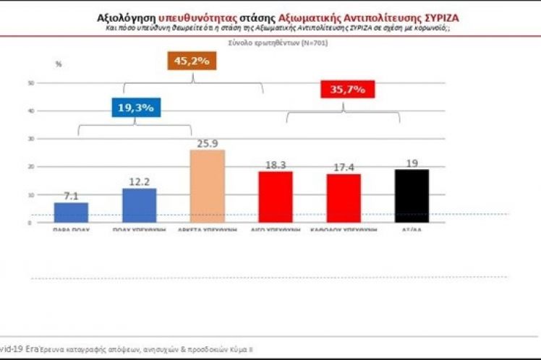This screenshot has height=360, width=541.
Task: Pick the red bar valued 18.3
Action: (275, 196)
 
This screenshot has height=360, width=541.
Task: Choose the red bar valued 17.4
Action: (344, 197)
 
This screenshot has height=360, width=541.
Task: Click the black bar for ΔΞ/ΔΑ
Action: (412, 195)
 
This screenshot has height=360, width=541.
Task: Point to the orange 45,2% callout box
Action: (192, 61)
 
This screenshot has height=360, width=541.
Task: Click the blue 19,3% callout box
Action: (135, 108)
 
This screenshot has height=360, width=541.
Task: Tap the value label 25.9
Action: (207, 143)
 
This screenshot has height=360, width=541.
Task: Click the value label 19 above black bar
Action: (412, 163)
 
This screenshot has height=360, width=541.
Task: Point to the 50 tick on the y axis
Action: (31, 83)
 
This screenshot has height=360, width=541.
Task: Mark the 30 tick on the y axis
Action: (31, 139)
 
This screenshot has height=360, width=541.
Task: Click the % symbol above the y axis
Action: (59, 64)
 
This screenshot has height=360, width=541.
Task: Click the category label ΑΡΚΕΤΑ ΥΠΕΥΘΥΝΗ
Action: (207, 228)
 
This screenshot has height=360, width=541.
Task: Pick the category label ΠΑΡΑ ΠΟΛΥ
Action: (71, 228)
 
